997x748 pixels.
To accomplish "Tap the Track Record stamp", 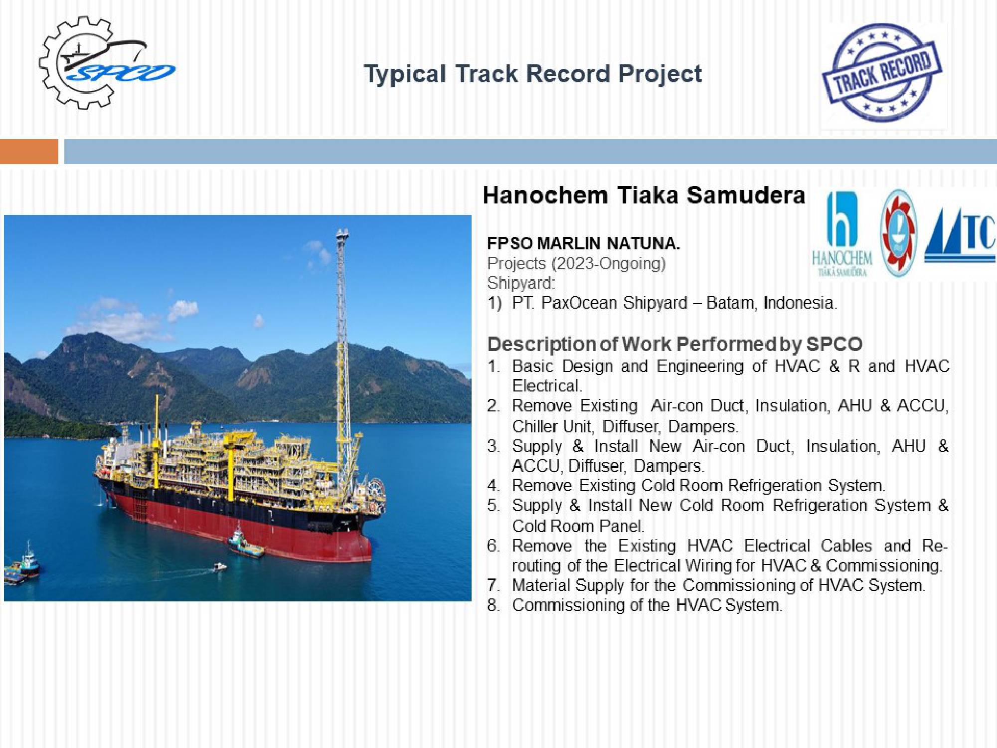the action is point(882,73).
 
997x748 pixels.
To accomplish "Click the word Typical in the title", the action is point(405,75).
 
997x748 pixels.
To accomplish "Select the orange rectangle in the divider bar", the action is point(29,152).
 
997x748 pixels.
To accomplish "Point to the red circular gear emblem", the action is point(899,233).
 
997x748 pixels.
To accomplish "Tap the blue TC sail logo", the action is point(960,235).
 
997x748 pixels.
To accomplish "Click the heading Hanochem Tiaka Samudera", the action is point(644,195).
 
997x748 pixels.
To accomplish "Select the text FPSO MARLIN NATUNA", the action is point(584,243).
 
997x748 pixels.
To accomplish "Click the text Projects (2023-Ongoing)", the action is point(576,264).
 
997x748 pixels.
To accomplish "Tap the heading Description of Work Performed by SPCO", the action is point(675,344).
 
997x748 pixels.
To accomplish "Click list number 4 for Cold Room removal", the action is point(494,485).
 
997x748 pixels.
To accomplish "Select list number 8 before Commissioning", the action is point(494,605).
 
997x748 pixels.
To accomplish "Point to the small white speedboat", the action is point(220,566).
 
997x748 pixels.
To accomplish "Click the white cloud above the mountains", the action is point(182,310).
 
